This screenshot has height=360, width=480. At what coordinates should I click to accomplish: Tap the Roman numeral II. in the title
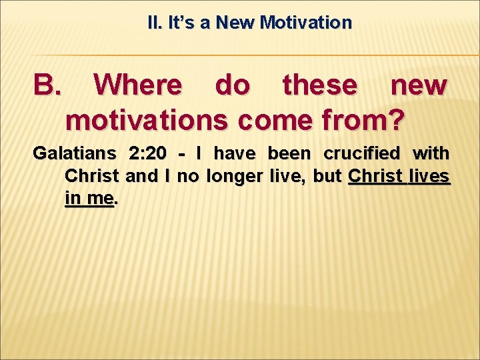(x=155, y=23)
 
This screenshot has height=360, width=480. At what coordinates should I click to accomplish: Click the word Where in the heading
(x=137, y=85)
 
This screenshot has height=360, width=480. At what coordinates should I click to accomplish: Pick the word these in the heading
(x=319, y=85)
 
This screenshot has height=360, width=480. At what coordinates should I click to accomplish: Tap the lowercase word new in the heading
(x=418, y=85)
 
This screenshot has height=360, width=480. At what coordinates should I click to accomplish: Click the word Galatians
(x=73, y=154)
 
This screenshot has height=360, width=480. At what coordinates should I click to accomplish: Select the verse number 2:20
(x=149, y=154)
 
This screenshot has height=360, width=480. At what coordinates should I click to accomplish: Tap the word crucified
(x=362, y=154)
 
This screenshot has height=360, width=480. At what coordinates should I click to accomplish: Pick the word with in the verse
(x=431, y=154)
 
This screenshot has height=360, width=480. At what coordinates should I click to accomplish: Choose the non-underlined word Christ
(x=91, y=177)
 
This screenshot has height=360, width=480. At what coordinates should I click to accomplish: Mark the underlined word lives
(x=431, y=177)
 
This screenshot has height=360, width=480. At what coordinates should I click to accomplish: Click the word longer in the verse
(x=236, y=177)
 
